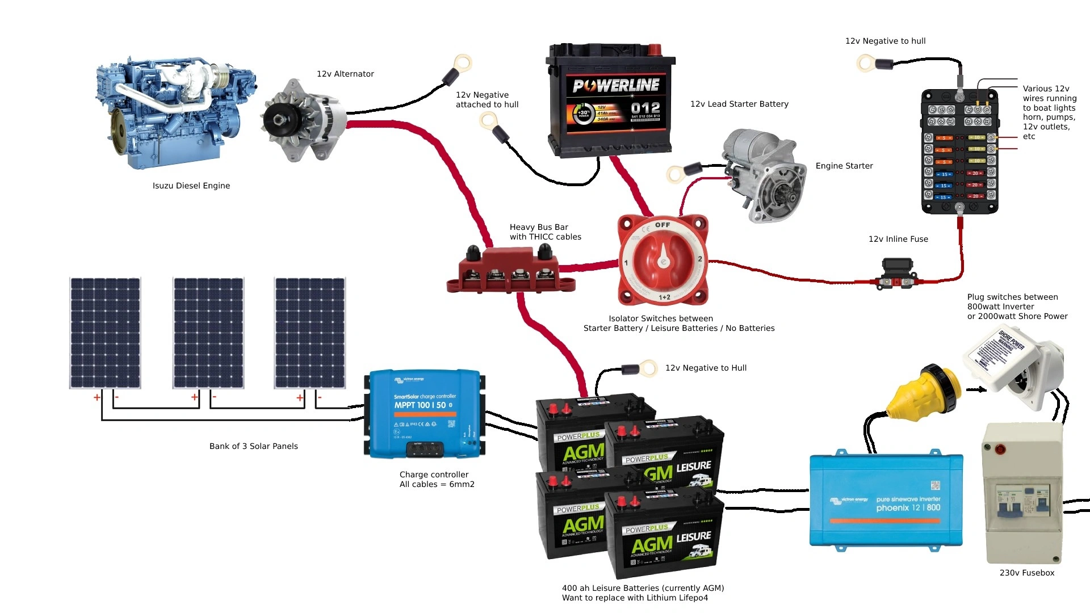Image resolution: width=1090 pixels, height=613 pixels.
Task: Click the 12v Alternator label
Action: coord(345,74)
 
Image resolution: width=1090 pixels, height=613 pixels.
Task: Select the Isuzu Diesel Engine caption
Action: coord(191,186)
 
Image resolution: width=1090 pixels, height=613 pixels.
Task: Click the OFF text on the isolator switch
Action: coord(663,225)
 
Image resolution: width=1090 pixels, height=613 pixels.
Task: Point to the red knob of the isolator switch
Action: coord(663,262)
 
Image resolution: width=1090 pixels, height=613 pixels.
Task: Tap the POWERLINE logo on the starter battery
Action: coord(616,86)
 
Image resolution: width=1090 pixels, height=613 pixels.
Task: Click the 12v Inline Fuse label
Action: coord(898,239)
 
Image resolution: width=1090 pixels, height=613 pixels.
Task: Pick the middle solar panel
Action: coord(208,333)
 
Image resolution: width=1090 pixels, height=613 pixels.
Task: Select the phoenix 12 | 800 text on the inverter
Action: coord(908,507)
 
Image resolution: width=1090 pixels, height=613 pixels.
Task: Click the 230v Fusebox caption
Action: coord(1026,573)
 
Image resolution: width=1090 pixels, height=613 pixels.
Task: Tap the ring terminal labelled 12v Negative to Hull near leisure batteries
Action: coord(648,369)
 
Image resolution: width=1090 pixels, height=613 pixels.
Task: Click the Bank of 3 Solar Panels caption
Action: coord(253,446)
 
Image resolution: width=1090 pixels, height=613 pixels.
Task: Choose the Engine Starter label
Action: coord(844,166)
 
